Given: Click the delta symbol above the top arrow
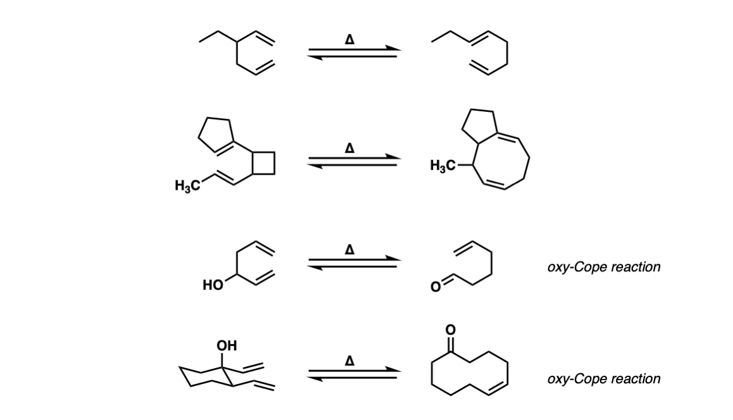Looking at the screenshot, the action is (349, 40).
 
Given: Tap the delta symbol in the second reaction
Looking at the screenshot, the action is (349, 149).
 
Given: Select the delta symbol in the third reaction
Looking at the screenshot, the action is (349, 250).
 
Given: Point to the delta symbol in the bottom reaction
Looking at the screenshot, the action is (349, 361).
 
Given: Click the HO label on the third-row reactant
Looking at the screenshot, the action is (213, 285).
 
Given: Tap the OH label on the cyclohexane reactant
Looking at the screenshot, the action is (227, 346).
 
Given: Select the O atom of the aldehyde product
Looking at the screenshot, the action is (435, 287).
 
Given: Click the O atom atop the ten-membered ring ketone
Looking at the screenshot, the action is (450, 330).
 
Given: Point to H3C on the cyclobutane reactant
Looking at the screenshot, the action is (187, 186).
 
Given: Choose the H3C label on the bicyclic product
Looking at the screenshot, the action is (442, 165).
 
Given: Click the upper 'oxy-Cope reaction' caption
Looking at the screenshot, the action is (604, 267).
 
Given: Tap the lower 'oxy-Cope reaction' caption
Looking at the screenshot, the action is (604, 378).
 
